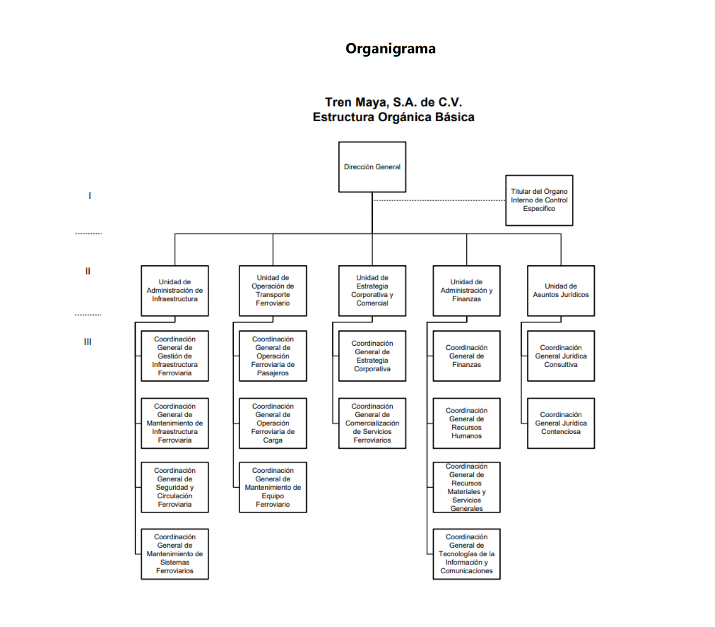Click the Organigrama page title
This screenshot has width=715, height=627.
coord(390,49)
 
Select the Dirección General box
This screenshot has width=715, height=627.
coord(372,167)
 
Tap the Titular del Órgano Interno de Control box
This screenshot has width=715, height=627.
coord(539,200)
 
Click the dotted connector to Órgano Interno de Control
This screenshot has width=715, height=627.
coord(439,201)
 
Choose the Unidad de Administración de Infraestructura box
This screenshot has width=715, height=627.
coord(175,291)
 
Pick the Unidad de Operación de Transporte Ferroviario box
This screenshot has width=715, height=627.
coord(273,291)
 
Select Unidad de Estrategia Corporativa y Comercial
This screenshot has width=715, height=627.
coord(372,291)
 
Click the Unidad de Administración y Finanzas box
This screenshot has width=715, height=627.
coord(466,291)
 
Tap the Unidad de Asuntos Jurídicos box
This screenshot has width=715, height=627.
coord(561,291)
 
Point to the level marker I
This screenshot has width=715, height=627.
coord(90,196)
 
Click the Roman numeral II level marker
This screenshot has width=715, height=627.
coord(88,271)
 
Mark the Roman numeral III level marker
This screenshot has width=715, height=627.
coord(88,342)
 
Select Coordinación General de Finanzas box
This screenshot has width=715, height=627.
coord(466,356)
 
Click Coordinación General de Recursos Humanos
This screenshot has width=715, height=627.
coord(466,423)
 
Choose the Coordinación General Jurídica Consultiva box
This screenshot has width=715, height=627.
coord(561,356)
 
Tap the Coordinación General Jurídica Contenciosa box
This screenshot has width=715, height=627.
coord(561,423)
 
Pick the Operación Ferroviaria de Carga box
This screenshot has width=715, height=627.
coord(273,423)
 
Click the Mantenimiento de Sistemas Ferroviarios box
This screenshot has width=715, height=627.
coord(175,554)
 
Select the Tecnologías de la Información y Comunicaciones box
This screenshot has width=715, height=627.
coord(466,554)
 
